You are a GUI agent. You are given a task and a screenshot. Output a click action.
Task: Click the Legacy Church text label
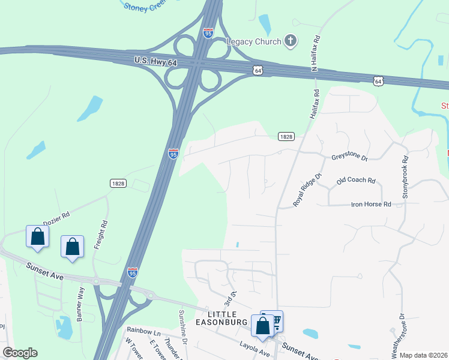(x=254, y=41)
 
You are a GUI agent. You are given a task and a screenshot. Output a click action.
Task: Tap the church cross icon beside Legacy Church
(x=290, y=41)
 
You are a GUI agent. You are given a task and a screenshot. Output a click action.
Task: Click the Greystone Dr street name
(x=349, y=157)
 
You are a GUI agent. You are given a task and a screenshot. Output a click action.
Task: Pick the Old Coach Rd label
(x=356, y=181)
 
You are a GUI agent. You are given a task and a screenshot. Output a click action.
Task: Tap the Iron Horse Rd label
(x=370, y=205)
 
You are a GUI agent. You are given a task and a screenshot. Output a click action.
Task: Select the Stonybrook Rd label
(x=405, y=178)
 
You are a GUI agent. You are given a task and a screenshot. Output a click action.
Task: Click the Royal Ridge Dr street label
(x=308, y=190)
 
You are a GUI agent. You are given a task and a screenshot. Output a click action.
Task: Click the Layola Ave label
(x=253, y=352)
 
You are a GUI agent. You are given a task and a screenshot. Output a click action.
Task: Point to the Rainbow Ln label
(x=143, y=331)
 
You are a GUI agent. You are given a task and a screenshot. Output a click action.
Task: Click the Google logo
(x=20, y=353)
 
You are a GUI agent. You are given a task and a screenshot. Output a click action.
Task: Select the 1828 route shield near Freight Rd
(x=118, y=183)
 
